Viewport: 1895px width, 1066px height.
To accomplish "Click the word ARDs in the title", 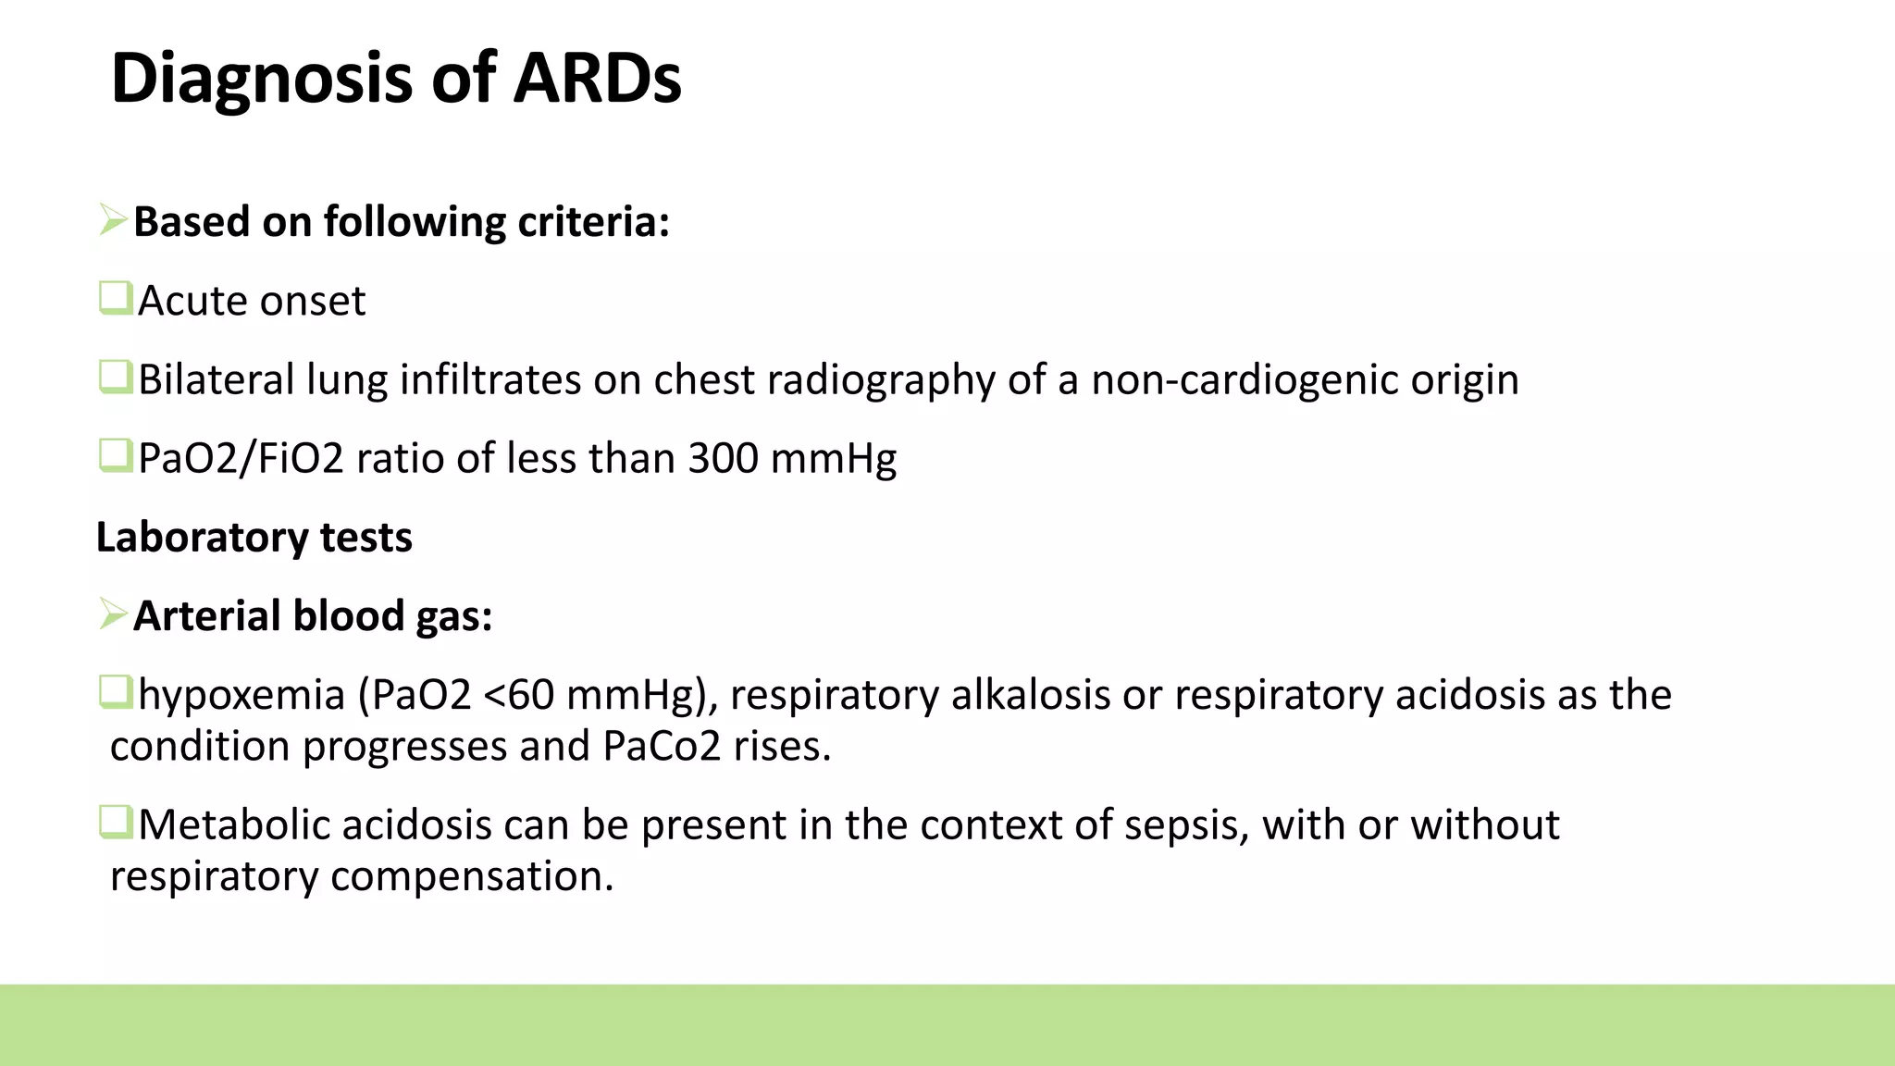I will click(597, 78).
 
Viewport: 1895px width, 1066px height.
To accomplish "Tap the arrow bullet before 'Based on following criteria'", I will click(113, 220).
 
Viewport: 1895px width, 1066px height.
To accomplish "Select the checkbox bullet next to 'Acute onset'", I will click(116, 299).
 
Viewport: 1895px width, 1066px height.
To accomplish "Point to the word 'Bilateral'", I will click(216, 379).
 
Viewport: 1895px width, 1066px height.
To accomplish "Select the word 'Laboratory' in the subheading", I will click(202, 538).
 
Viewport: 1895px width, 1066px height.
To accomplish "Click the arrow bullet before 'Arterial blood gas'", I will click(113, 614).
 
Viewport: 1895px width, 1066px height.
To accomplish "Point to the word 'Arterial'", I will click(204, 616).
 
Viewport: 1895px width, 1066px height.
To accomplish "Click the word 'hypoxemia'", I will click(242, 696).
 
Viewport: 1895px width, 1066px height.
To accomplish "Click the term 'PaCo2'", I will click(662, 747).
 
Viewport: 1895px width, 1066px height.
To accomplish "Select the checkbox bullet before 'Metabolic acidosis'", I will click(116, 822).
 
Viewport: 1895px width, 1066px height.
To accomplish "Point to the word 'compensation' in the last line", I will click(472, 876).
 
